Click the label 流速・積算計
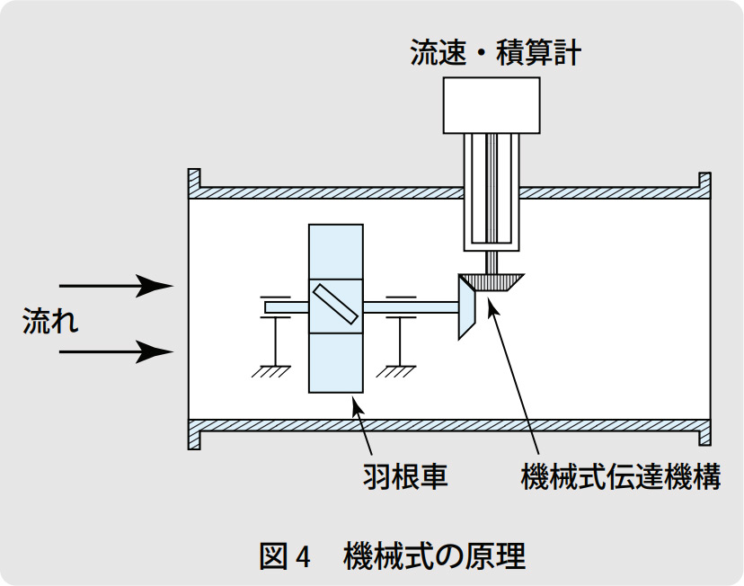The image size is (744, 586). coord(495,53)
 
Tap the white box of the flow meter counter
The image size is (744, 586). coord(492,104)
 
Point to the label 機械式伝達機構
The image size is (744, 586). coord(621,475)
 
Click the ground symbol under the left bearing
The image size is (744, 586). coord(270,369)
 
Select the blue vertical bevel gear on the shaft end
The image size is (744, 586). coord(465,307)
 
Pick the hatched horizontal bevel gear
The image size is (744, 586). coord(492,282)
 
